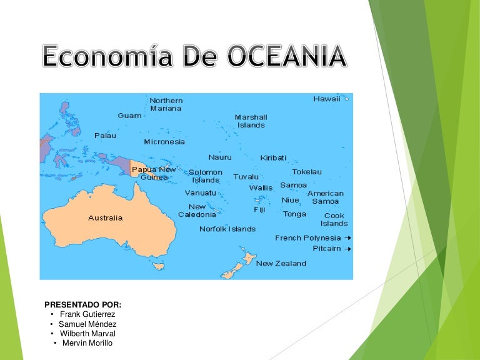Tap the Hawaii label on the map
(327, 99)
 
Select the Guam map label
(129, 116)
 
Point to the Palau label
(105, 136)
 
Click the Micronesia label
(164, 142)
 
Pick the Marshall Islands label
(251, 121)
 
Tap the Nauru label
(220, 157)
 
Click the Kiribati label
(274, 158)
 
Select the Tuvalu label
(246, 177)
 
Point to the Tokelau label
(307, 172)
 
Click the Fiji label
(259, 210)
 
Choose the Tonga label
(294, 214)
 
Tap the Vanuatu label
(201, 192)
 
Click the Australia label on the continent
(105, 218)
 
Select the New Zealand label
(281, 264)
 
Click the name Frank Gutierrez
(87, 314)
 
